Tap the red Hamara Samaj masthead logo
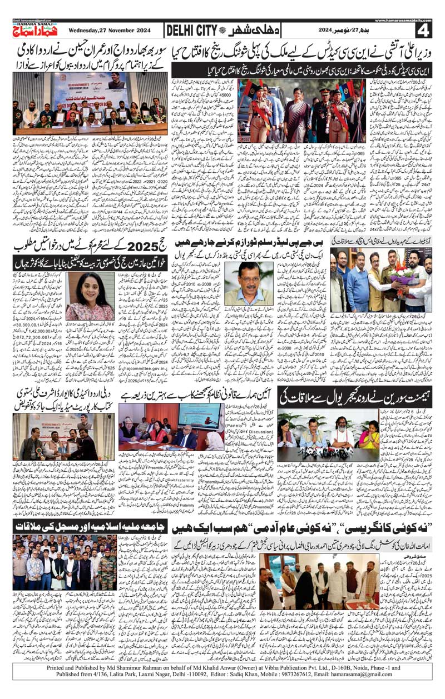pos(33,31)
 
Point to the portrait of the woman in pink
pos(91,296)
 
